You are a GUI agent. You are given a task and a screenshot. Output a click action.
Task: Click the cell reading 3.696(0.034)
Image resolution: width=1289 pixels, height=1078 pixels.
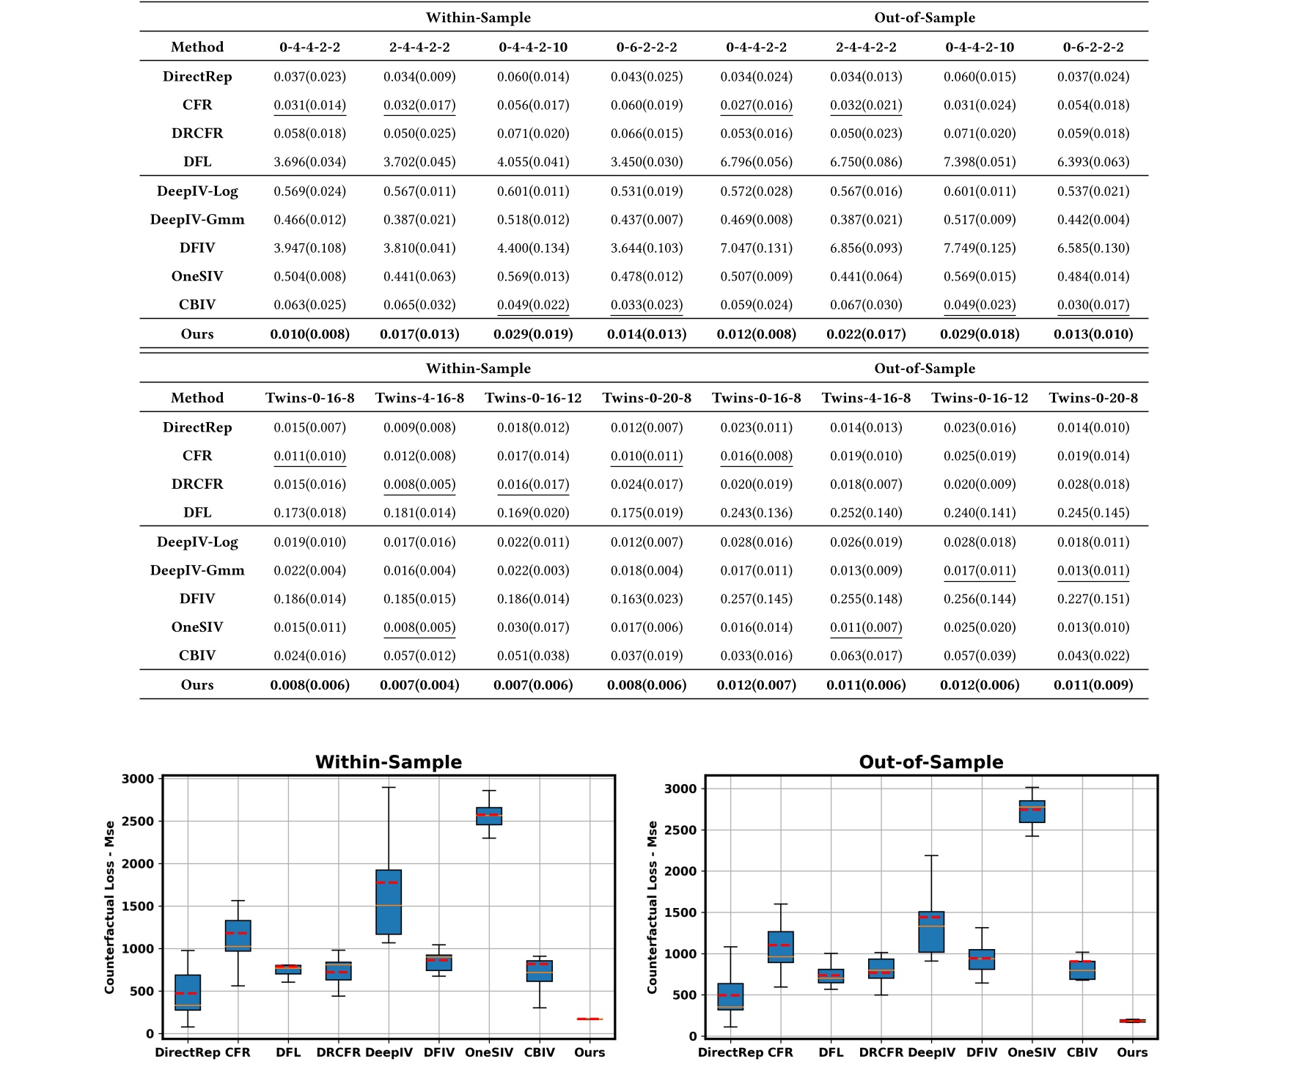309,162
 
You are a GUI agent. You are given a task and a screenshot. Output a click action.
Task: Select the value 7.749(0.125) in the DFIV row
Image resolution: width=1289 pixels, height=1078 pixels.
980,248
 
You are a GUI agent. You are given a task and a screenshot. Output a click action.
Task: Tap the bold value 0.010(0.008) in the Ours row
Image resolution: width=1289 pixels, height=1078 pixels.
309,334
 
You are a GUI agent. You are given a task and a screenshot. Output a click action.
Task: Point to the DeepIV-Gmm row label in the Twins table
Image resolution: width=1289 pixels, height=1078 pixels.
197,570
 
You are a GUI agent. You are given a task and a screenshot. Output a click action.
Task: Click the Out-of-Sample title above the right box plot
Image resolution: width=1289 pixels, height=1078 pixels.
930,762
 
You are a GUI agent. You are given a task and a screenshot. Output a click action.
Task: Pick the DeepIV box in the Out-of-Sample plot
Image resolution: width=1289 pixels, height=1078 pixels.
931,931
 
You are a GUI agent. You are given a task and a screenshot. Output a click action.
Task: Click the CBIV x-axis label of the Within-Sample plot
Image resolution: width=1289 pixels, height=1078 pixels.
540,1052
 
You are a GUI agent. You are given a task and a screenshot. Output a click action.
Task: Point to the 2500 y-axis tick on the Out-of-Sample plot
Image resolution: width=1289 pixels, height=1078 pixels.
680,830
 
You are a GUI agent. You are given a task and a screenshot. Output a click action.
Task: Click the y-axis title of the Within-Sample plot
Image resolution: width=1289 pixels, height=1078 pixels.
110,907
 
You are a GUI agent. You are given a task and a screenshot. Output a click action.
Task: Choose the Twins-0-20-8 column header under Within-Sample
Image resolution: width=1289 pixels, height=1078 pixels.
647,398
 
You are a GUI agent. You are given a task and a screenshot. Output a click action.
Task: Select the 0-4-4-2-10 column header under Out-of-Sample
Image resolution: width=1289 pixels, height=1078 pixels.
980,47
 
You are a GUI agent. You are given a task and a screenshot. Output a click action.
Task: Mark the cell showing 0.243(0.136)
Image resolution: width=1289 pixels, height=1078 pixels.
756,513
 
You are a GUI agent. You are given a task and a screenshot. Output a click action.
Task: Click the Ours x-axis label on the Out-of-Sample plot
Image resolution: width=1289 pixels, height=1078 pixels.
1132,1052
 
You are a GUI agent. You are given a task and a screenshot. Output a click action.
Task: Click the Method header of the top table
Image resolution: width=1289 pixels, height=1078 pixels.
197,47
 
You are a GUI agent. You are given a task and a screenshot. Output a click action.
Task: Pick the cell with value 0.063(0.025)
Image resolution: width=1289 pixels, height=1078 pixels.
309,305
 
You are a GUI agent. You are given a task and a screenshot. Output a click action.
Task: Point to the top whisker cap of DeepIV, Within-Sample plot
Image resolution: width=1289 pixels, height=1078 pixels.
389,787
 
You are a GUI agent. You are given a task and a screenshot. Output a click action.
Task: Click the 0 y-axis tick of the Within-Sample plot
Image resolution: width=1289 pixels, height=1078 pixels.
150,1034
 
